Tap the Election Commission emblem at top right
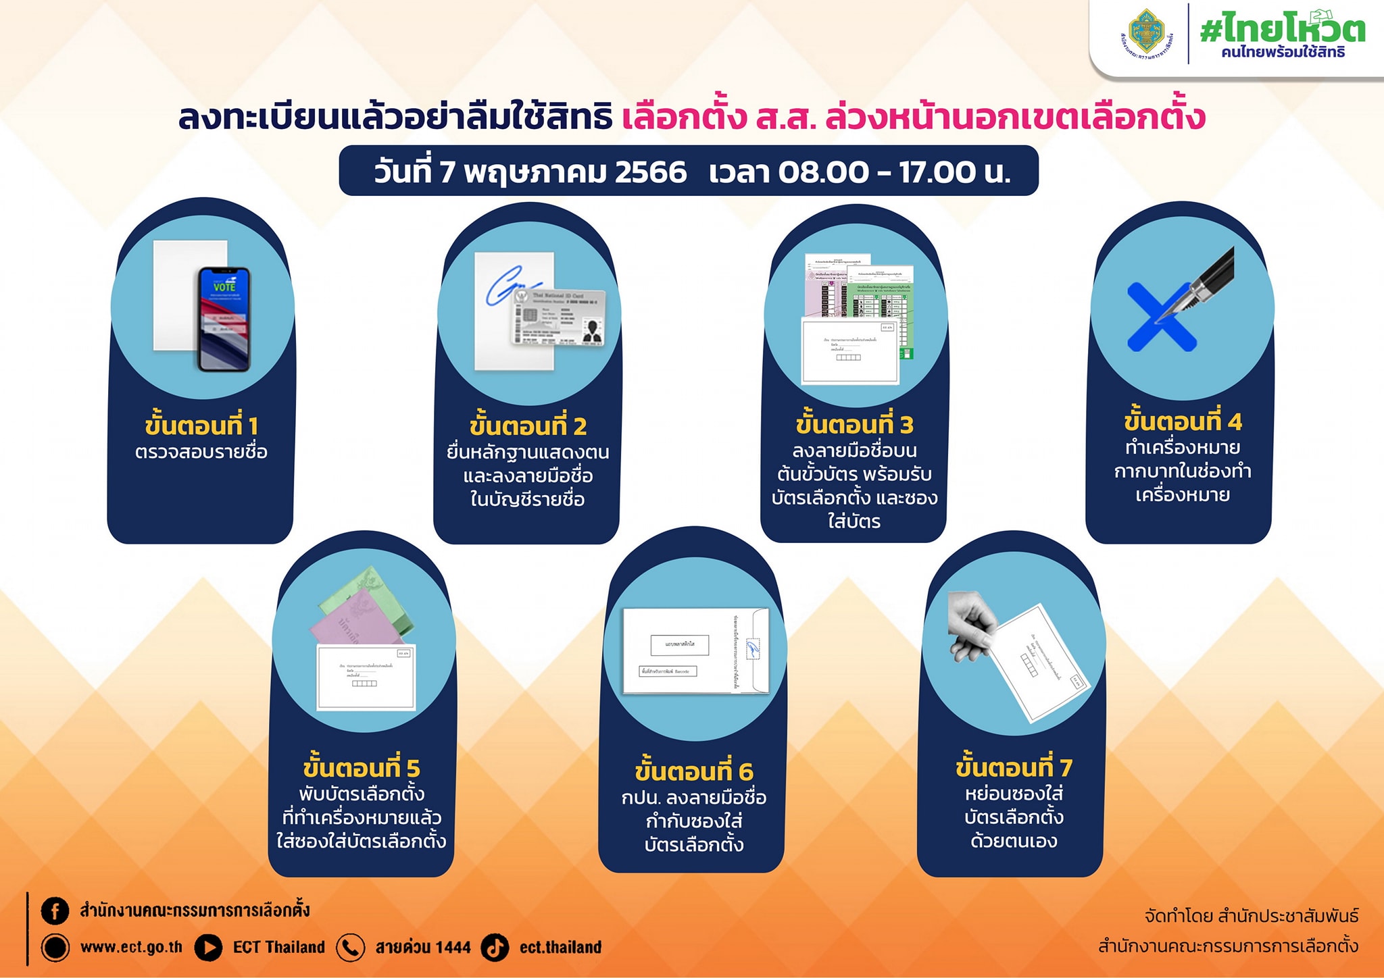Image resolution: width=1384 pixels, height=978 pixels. point(1147,32)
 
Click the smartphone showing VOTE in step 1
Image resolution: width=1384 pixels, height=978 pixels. point(224,319)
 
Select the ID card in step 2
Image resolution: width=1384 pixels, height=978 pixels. point(558,317)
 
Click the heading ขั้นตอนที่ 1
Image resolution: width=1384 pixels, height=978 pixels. point(201,426)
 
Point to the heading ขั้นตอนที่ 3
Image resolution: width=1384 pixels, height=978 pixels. point(854,424)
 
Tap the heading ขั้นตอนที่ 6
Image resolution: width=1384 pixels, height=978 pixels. point(694,771)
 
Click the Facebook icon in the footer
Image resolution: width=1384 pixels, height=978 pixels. point(55,910)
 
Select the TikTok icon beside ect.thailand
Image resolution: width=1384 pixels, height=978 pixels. point(495,947)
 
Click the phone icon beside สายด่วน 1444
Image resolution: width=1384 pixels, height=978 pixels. point(350,947)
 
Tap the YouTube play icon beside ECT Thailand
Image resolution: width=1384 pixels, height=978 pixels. point(208,947)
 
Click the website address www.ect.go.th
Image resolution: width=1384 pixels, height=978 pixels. point(131,947)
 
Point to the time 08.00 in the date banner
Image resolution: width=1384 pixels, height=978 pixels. point(823,172)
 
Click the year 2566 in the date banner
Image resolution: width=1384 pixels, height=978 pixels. point(650,172)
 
